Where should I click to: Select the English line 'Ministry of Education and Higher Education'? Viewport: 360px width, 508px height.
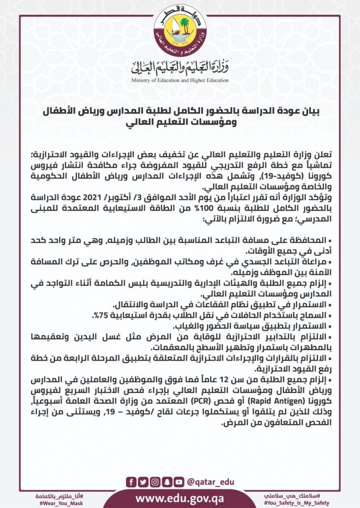click(179, 80)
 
